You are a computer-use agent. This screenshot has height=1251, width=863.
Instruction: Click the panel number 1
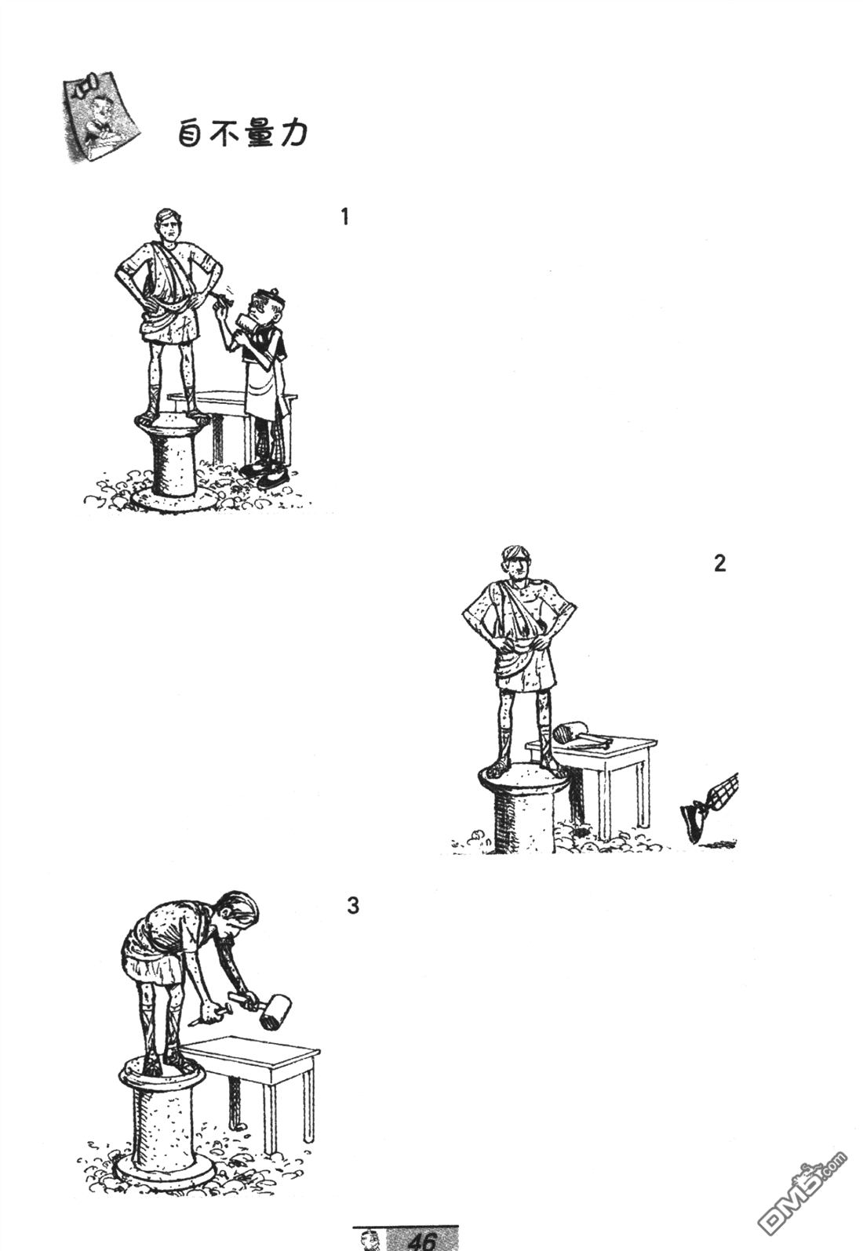[344, 216]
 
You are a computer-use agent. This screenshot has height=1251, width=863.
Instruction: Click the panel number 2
[719, 563]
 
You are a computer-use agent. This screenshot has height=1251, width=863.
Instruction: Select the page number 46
[422, 1241]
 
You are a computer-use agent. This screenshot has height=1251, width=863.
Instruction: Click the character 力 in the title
[293, 134]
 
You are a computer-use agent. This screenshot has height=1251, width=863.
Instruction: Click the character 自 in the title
[191, 134]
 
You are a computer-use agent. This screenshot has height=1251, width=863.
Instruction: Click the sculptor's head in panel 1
[267, 308]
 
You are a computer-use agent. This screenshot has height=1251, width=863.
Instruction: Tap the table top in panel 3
[250, 1050]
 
